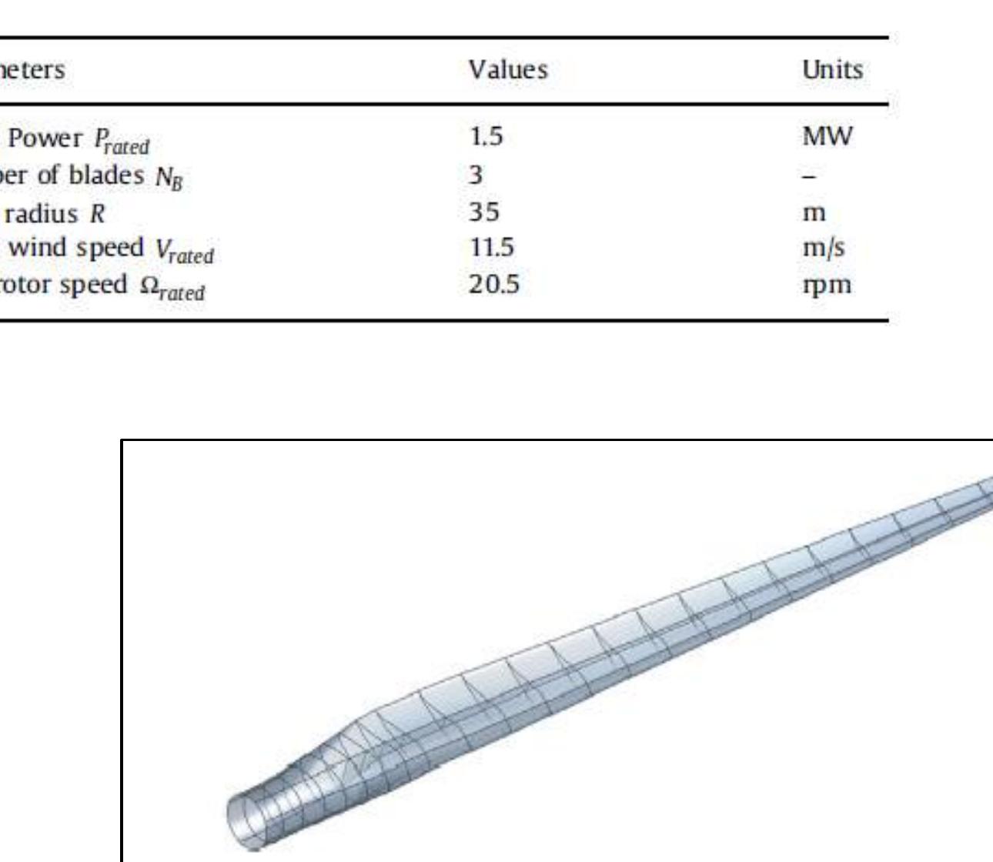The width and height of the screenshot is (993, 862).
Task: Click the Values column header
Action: (508, 70)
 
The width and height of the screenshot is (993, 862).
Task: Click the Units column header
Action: (832, 70)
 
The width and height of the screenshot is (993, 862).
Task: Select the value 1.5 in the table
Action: (486, 137)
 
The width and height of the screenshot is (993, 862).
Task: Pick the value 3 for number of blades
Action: (476, 175)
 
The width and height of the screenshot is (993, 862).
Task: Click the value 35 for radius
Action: (484, 212)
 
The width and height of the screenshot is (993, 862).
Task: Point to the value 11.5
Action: (491, 248)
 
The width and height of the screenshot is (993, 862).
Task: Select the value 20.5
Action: (494, 285)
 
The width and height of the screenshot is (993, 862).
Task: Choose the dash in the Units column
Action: (810, 176)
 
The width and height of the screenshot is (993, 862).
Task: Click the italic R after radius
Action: (97, 213)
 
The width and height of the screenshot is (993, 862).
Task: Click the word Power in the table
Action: (43, 138)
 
